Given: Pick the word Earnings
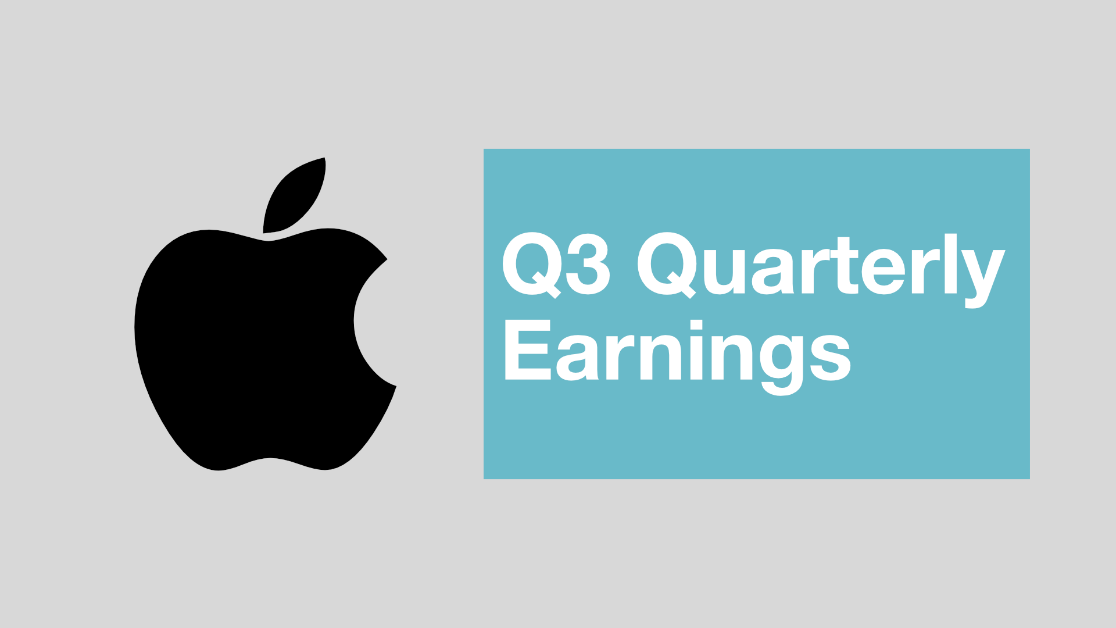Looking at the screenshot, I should click(x=677, y=352).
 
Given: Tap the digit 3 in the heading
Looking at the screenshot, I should click(x=588, y=265).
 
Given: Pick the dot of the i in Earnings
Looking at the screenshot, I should click(x=696, y=325).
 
